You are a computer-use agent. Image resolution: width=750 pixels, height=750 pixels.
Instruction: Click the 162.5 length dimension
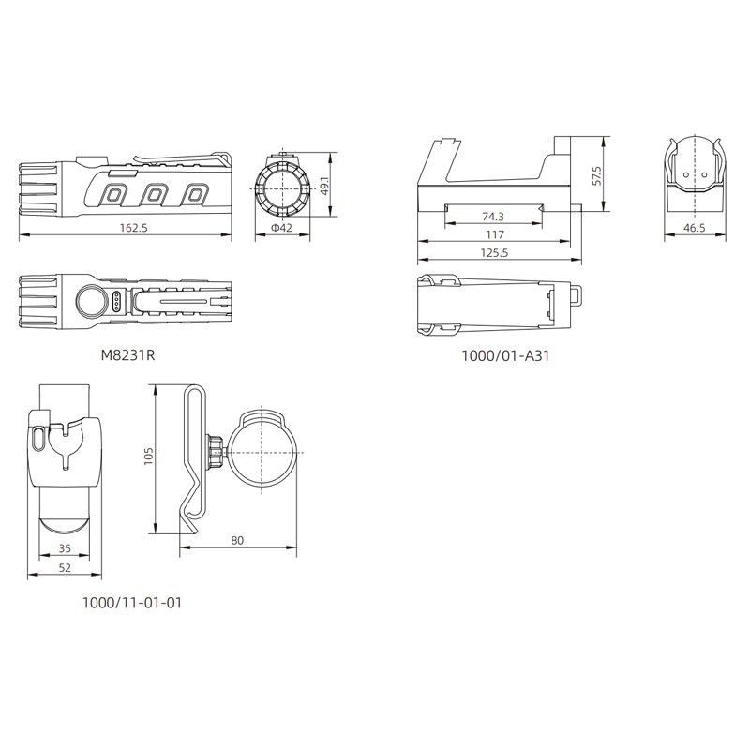133,228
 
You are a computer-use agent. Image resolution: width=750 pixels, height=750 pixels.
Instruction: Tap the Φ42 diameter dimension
281,228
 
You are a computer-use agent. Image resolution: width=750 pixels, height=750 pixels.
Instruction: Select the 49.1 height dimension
324,185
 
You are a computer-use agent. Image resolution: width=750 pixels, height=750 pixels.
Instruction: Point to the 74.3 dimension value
493,217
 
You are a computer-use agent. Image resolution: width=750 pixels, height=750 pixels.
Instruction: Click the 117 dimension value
495,235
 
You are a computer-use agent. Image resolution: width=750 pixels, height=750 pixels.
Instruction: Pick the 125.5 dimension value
494,252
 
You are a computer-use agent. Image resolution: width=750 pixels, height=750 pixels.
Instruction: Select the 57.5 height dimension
596,175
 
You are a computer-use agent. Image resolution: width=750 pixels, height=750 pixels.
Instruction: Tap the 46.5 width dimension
694,228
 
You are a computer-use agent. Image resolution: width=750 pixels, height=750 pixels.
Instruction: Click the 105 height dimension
148,457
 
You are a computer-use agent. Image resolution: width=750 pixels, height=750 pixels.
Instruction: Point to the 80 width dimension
237,540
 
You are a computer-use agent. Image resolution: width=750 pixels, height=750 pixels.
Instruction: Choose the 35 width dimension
65,548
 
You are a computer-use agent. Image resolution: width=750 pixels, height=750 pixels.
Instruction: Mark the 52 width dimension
65,568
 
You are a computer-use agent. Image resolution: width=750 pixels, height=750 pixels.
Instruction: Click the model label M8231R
127,355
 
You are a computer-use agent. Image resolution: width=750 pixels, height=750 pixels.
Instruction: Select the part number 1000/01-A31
505,355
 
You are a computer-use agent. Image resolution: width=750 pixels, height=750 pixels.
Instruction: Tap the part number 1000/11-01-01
132,603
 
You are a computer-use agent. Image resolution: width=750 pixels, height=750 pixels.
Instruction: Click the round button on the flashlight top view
91,302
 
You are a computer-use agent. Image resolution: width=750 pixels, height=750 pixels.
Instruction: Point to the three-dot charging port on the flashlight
116,302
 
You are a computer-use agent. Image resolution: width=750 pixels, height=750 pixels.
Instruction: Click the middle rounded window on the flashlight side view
154,195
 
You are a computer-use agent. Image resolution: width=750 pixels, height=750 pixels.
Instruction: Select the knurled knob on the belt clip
215,451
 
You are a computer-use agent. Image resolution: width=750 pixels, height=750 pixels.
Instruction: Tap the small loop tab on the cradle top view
577,295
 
